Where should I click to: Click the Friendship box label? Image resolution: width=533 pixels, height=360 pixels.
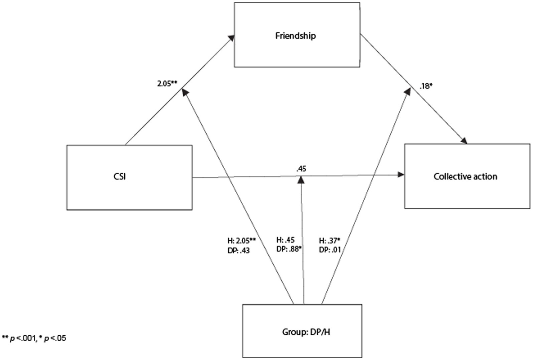pyautogui.click(x=295, y=36)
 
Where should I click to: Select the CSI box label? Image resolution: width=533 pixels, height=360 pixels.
pyautogui.click(x=120, y=177)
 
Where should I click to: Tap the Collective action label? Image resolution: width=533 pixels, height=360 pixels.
pyautogui.click(x=465, y=177)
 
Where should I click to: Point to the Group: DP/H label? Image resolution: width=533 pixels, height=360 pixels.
pyautogui.click(x=306, y=332)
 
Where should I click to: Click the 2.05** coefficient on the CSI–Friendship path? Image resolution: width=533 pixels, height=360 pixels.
pyautogui.click(x=167, y=84)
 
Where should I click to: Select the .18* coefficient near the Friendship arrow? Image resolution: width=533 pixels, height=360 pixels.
pyautogui.click(x=426, y=86)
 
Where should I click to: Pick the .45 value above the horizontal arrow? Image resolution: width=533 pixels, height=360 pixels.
pyautogui.click(x=301, y=169)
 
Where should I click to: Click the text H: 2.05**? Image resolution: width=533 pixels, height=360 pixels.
pyautogui.click(x=242, y=241)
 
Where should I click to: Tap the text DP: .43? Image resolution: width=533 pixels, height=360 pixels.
pyautogui.click(x=239, y=250)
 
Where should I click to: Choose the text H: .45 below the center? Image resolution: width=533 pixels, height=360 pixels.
pyautogui.click(x=285, y=240)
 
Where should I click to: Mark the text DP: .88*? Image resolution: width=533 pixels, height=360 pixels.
pyautogui.click(x=288, y=249)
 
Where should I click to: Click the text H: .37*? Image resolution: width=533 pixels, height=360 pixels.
pyautogui.click(x=330, y=241)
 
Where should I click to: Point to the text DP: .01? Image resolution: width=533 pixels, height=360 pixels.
pyautogui.click(x=330, y=250)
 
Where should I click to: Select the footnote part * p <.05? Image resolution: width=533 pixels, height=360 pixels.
pyautogui.click(x=52, y=338)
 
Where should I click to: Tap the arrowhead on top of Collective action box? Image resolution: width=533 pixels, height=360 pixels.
pyautogui.click(x=464, y=141)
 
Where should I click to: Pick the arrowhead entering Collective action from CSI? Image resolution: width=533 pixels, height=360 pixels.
pyautogui.click(x=401, y=174)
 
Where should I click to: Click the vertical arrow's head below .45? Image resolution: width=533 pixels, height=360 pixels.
pyautogui.click(x=301, y=179)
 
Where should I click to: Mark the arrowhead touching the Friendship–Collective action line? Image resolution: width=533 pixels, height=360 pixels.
pyautogui.click(x=407, y=91)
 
